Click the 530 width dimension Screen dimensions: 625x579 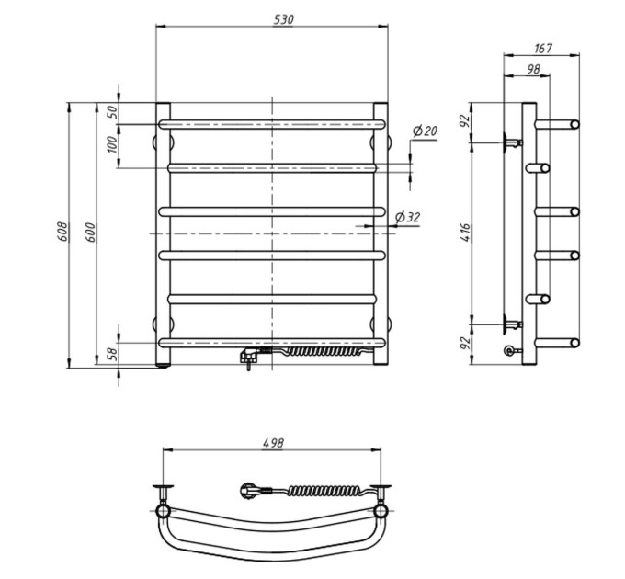(283, 19)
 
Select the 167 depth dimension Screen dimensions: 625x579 (543, 48)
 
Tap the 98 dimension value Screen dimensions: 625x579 (533, 69)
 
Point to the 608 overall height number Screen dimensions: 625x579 (62, 232)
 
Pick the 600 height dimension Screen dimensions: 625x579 (90, 232)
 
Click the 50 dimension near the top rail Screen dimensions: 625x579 (113, 111)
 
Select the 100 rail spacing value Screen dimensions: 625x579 (113, 144)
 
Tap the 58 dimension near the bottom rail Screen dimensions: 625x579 (113, 354)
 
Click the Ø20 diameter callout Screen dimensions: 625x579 (425, 131)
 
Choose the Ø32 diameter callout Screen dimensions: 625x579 (407, 217)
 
